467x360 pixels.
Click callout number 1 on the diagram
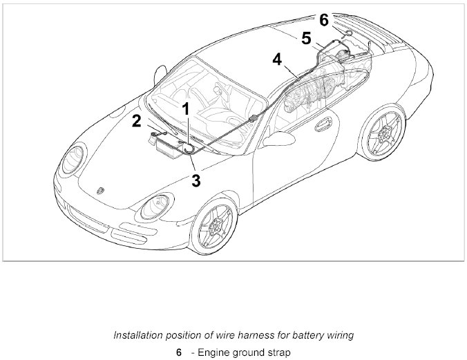[185, 108]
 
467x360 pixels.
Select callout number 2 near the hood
[137, 122]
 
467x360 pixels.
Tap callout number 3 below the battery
[196, 181]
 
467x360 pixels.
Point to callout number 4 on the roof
[277, 59]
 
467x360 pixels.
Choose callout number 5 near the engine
[305, 38]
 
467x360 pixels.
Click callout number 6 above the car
[324, 20]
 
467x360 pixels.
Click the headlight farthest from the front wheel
[72, 161]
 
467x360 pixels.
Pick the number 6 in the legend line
[178, 352]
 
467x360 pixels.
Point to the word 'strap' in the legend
[277, 352]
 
